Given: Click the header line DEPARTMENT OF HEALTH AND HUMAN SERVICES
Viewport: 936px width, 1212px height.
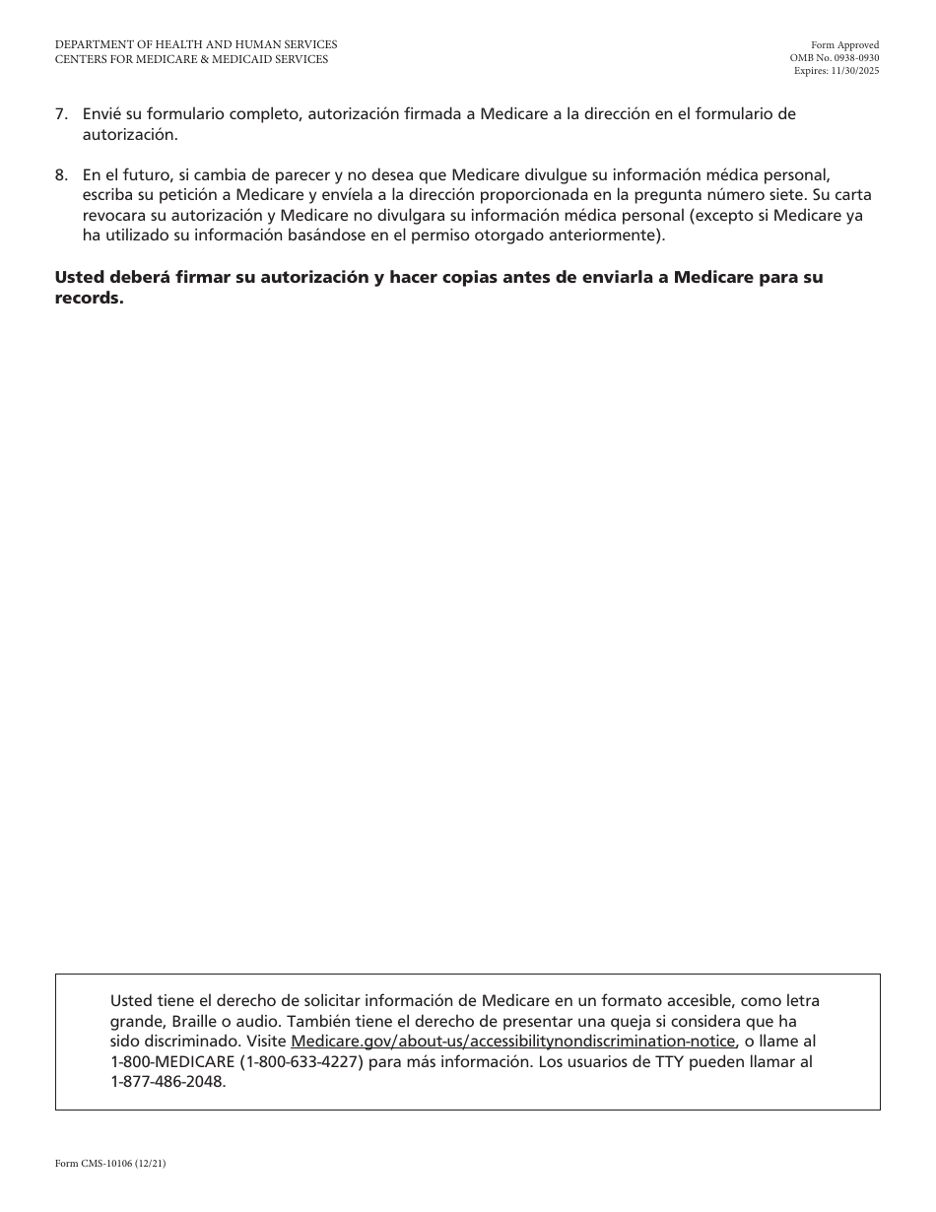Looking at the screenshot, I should pyautogui.click(x=196, y=44).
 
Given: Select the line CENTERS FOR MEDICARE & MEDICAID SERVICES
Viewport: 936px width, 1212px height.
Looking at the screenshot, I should pyautogui.click(x=192, y=59).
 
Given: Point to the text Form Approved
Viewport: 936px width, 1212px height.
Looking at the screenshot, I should pyautogui.click(x=844, y=45).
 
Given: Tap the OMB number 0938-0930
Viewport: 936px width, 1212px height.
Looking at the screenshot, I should pyautogui.click(x=852, y=58).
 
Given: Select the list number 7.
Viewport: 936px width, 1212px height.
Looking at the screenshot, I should pyautogui.click(x=61, y=114).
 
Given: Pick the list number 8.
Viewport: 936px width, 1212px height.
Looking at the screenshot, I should pyautogui.click(x=61, y=175).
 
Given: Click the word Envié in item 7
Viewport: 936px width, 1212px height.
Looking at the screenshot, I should pyautogui.click(x=103, y=114).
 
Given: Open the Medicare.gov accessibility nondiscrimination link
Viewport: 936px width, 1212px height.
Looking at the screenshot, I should pyautogui.click(x=513, y=1042).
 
